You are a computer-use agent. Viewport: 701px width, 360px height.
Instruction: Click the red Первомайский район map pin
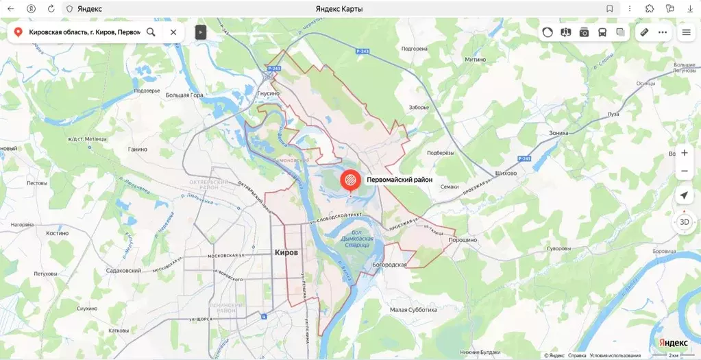[349, 181]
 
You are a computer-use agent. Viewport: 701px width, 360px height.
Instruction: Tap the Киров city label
[286, 252]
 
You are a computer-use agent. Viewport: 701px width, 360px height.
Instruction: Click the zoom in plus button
[684, 153]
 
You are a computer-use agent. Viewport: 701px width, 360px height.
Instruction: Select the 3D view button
[684, 222]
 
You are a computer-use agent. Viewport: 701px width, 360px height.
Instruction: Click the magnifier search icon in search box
[151, 32]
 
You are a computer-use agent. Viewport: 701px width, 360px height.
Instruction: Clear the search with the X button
[173, 32]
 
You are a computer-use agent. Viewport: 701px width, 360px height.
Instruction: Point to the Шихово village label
[505, 173]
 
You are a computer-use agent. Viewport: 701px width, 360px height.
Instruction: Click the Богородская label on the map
[389, 265]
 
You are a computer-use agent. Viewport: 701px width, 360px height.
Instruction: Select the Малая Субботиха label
[413, 310]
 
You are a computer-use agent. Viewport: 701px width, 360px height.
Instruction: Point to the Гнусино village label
[268, 93]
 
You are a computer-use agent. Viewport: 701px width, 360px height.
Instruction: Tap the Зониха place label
[558, 133]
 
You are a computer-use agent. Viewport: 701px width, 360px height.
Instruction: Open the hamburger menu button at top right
[686, 32]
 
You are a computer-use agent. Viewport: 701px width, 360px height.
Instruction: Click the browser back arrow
[10, 9]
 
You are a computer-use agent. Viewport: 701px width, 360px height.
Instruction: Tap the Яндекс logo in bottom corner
[673, 342]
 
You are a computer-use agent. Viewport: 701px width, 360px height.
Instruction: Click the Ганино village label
[138, 149]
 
